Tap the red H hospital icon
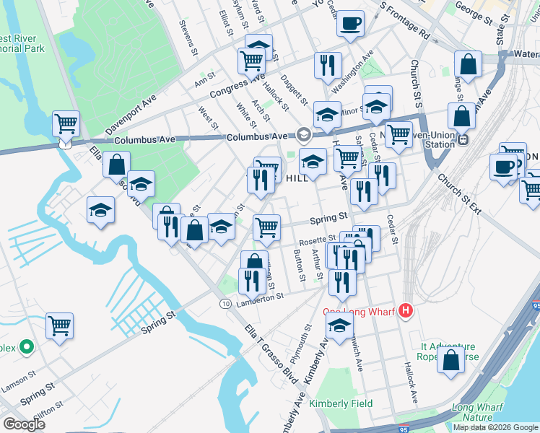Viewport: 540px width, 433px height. tap(406, 312)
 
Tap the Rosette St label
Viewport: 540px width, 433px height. tap(318, 239)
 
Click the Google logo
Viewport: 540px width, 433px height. tap(24, 424)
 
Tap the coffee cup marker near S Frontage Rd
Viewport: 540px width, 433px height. tap(351, 24)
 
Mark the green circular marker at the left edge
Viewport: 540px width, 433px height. tap(27, 347)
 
